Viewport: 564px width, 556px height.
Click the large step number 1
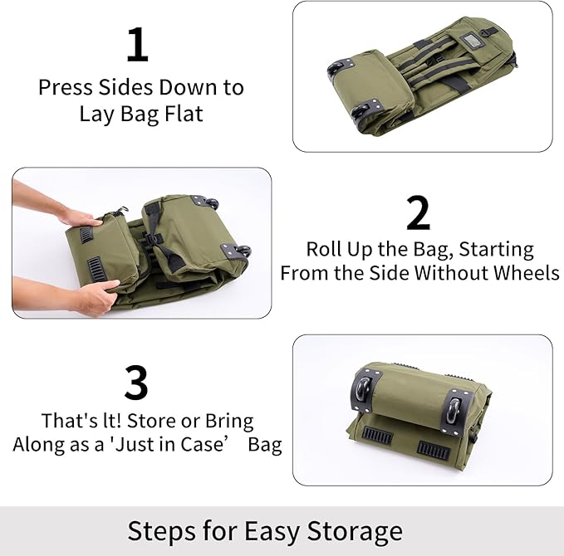point(137,46)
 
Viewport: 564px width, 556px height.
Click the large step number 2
point(419,213)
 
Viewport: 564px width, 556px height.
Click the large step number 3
point(135,383)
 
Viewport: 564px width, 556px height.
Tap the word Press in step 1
point(65,87)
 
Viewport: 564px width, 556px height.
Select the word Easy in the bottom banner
point(275,531)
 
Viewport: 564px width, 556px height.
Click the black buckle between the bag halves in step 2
point(150,242)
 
